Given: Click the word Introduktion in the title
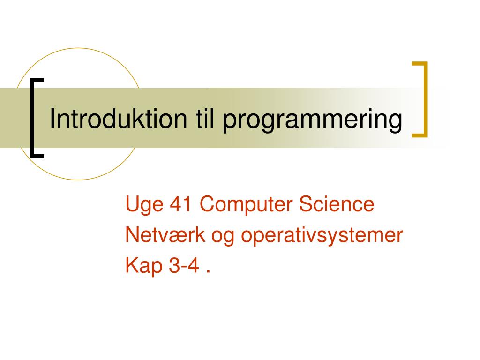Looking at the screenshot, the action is click(118, 119).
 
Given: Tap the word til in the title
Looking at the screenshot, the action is click(205, 119).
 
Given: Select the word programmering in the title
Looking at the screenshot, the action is click(312, 120).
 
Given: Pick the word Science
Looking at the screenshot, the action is click(337, 203).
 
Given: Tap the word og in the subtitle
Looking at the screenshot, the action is click(223, 237).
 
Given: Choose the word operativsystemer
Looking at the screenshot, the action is click(322, 236).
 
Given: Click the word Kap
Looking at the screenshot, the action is click(144, 266).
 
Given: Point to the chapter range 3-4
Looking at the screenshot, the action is click(184, 265).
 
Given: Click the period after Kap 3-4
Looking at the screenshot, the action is click(208, 271).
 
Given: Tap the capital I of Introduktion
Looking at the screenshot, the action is click(52, 119).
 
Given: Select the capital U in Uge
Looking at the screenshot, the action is click(132, 204).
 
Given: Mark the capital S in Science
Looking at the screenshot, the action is click(306, 203).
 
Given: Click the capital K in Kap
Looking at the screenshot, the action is click(132, 265).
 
